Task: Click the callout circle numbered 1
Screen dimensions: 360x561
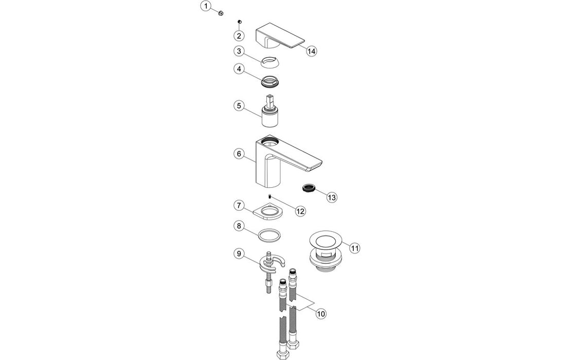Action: (206, 6)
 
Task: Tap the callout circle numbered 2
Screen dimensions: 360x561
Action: (239, 35)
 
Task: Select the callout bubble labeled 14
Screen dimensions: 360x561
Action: (311, 51)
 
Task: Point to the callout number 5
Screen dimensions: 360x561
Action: (239, 105)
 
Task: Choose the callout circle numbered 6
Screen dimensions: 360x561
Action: (239, 154)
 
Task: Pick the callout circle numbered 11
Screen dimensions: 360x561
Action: (354, 247)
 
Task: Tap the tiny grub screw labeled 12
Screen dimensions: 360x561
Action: (269, 196)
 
